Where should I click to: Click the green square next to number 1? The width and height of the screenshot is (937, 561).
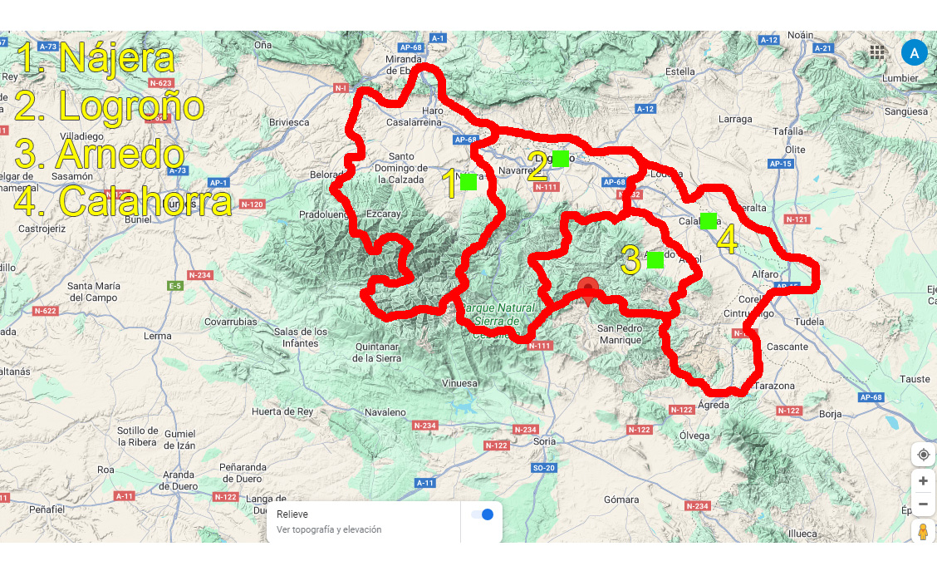point(468,182)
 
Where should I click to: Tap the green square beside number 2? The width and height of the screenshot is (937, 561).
point(561,159)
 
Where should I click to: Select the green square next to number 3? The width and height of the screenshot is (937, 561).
point(655,260)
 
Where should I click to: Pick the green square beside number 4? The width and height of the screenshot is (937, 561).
point(709,220)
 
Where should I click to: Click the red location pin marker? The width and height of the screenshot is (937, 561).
point(589,291)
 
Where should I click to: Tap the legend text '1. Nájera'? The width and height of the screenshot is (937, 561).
point(96,57)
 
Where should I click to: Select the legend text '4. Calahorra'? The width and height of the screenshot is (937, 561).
point(124,201)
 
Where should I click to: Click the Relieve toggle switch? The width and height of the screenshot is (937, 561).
point(482,514)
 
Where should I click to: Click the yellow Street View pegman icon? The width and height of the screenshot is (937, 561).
point(923,532)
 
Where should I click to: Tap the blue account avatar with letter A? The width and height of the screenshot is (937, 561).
point(914,53)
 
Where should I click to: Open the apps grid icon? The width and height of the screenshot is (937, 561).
point(877,53)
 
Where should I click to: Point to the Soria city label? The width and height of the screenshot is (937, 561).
point(544,441)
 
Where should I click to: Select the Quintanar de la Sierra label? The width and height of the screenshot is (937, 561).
point(377,352)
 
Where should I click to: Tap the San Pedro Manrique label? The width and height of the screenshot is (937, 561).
point(621,334)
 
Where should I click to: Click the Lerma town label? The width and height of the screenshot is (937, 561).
point(158,337)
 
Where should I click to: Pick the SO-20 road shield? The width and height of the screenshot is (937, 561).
point(543,469)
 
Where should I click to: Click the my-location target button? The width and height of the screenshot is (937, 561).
point(923,455)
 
